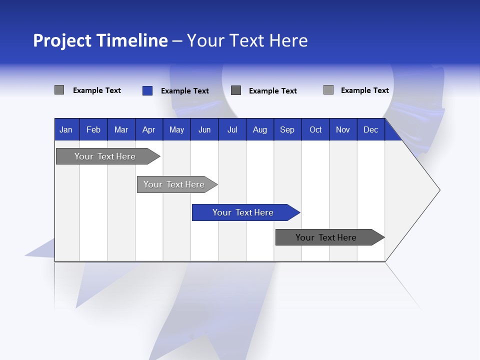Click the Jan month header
pyautogui.click(x=66, y=129)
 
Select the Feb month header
pyautogui.click(x=93, y=129)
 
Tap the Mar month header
pyautogui.click(x=121, y=129)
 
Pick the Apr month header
pyautogui.click(x=149, y=129)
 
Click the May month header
pyautogui.click(x=176, y=129)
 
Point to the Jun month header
pyautogui.click(x=204, y=129)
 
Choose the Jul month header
pyautogui.click(x=232, y=129)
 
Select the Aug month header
pyautogui.click(x=260, y=129)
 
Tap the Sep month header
pyautogui.click(x=287, y=129)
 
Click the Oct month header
pyautogui.click(x=315, y=129)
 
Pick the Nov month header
pyautogui.click(x=343, y=129)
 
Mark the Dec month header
pyautogui.click(x=371, y=129)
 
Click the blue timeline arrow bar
pyautogui.click(x=243, y=212)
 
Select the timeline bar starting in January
pyautogui.click(x=105, y=156)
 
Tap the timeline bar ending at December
pyautogui.click(x=326, y=237)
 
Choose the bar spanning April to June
pyautogui.click(x=174, y=184)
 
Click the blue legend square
pyautogui.click(x=147, y=90)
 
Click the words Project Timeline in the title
pyautogui.click(x=100, y=40)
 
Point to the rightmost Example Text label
pyautogui.click(x=364, y=90)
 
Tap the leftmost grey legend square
pyautogui.click(x=59, y=90)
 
